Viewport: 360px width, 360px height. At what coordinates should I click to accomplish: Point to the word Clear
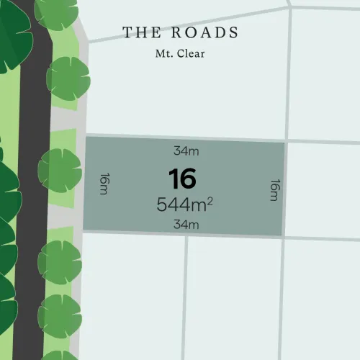[x=190, y=53]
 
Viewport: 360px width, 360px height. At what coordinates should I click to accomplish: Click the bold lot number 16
[x=182, y=179]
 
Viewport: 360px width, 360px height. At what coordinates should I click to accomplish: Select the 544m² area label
[x=184, y=204]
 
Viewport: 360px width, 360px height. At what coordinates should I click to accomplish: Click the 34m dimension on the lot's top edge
[x=185, y=151]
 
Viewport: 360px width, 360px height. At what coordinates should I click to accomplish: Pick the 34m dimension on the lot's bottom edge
[x=185, y=225]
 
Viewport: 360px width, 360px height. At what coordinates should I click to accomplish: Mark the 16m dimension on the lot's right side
[x=274, y=190]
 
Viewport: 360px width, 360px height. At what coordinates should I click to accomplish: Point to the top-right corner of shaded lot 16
[x=285, y=143]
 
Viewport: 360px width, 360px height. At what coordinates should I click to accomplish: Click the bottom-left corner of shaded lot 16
[x=84, y=230]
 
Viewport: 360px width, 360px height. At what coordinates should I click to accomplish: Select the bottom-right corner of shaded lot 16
[x=282, y=236]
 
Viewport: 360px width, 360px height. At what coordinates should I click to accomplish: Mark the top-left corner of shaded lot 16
[x=86, y=136]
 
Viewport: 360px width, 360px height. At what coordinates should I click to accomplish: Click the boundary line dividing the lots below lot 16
[x=186, y=295]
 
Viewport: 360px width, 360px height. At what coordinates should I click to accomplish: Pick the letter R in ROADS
[x=177, y=32]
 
